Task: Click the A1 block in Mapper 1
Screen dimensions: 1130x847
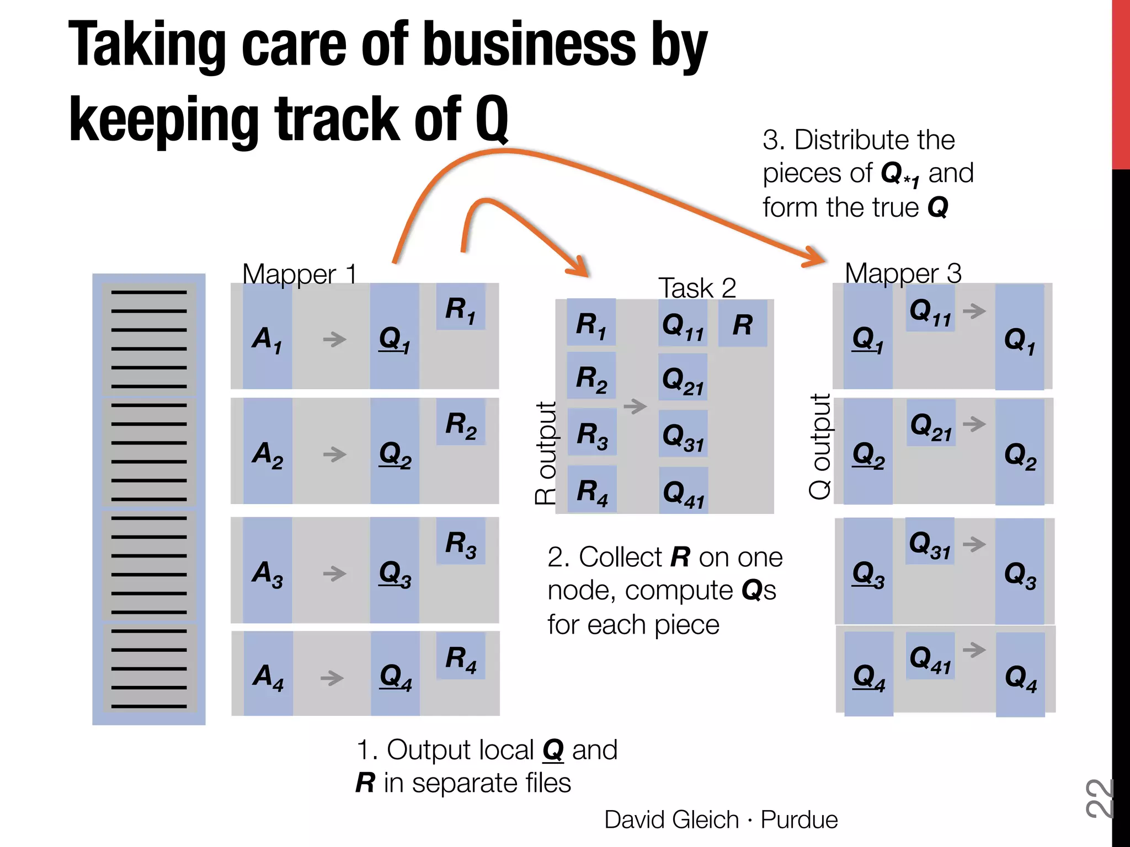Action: pyautogui.click(x=267, y=337)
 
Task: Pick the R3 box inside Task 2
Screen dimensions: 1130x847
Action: pyautogui.click(x=591, y=434)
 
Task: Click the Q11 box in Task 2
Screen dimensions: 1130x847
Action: pyautogui.click(x=683, y=325)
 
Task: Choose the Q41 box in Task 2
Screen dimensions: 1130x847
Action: pyautogui.click(x=684, y=492)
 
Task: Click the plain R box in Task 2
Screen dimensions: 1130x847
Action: pyautogui.click(x=743, y=324)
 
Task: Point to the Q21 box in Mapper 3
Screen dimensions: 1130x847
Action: pyautogui.click(x=931, y=426)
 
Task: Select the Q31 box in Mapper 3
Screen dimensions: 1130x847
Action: pyautogui.click(x=930, y=543)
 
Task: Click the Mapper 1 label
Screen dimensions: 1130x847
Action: pyautogui.click(x=300, y=274)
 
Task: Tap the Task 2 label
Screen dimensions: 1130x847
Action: pyautogui.click(x=697, y=287)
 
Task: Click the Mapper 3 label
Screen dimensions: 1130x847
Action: pyautogui.click(x=903, y=273)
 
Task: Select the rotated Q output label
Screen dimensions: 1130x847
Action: pyautogui.click(x=820, y=447)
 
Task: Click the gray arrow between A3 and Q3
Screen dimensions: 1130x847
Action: pyautogui.click(x=334, y=573)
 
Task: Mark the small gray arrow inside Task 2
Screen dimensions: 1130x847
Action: pyautogui.click(x=635, y=406)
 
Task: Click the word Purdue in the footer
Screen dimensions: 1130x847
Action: pyautogui.click(x=799, y=819)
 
